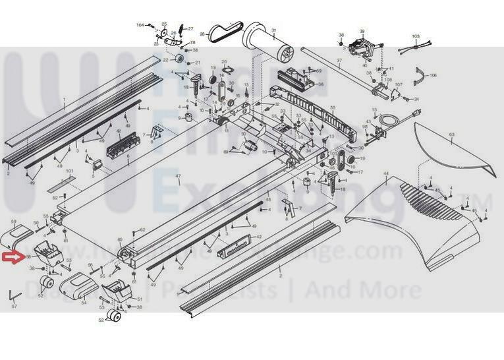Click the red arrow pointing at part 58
[x=12, y=257]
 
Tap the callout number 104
[x=140, y=25]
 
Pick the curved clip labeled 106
[x=421, y=78]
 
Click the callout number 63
[x=452, y=135]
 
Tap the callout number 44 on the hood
[x=385, y=173]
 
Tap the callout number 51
[x=139, y=299]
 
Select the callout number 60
[x=119, y=239]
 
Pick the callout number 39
[x=362, y=31]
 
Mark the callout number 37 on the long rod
[x=339, y=61]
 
